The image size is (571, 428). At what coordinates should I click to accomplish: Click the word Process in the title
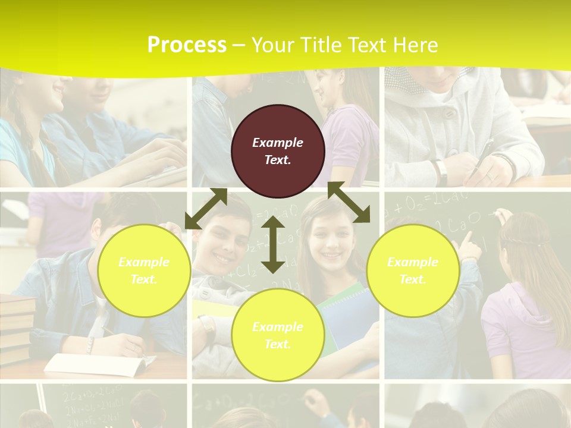pos(187,45)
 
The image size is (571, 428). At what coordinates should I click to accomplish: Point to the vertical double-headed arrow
pos(272,244)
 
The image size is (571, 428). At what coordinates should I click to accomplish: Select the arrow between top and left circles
pos(206,209)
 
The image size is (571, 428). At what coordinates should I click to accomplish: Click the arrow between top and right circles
pos(349,202)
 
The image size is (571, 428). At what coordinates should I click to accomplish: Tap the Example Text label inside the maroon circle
pos(278,151)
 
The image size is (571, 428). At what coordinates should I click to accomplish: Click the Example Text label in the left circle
pos(144,270)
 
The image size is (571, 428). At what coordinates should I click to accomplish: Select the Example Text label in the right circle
pos(413,270)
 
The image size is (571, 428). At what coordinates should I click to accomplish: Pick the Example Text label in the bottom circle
pos(278,335)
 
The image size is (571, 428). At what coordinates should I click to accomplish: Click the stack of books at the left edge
pos(17,327)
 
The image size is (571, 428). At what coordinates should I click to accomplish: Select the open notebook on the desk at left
pos(95,364)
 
